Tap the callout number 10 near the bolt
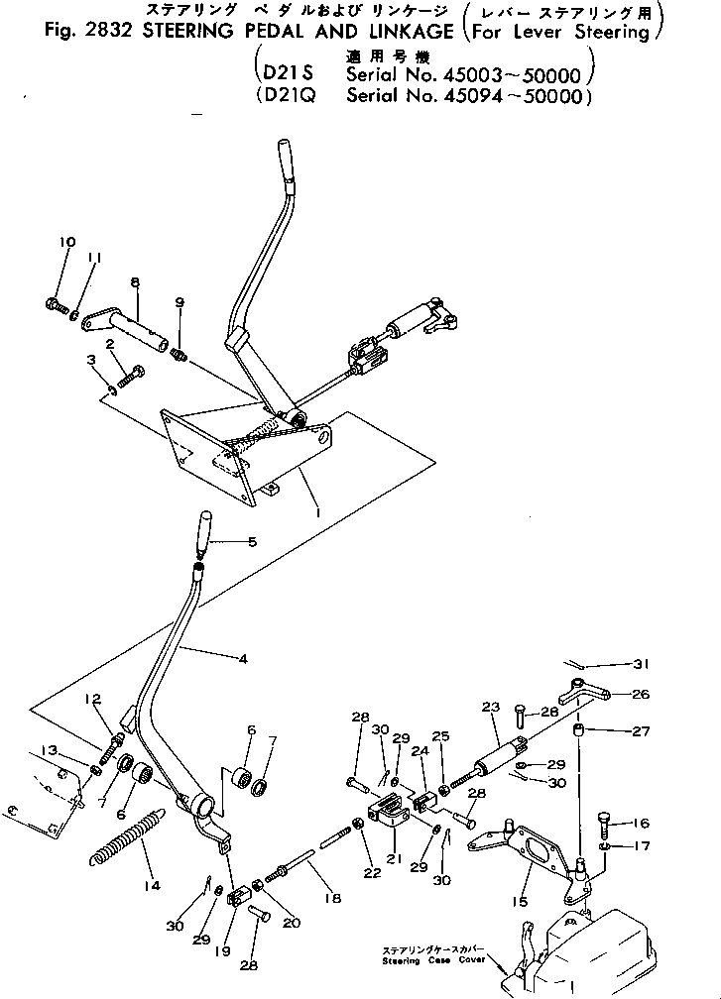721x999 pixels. point(66,243)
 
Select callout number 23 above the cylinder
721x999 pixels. point(488,708)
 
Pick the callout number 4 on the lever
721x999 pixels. point(241,656)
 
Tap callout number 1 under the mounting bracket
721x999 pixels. point(316,516)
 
